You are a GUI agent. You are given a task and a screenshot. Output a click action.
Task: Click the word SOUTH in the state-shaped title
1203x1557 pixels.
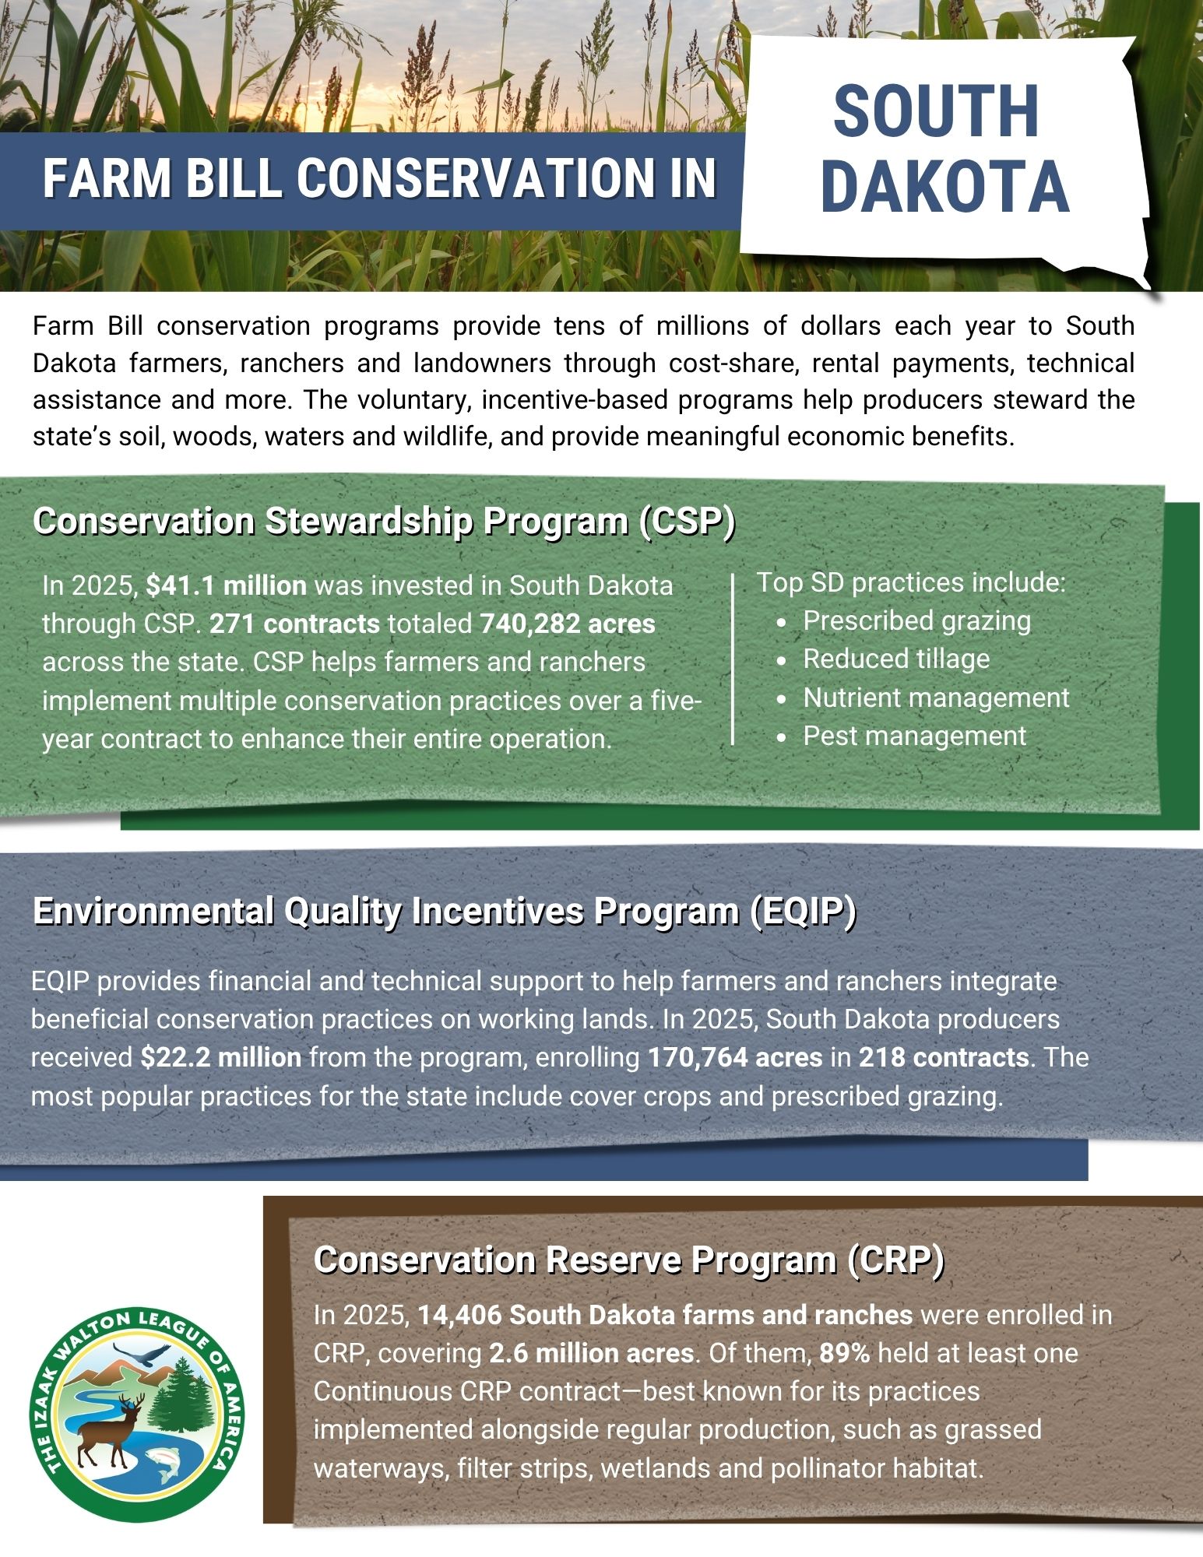pos(936,112)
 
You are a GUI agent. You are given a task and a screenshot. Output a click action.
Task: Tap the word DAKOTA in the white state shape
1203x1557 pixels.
pos(944,188)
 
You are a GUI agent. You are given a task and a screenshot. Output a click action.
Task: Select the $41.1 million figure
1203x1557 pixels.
pos(227,585)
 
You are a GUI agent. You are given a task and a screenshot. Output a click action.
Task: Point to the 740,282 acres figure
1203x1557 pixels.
pos(568,624)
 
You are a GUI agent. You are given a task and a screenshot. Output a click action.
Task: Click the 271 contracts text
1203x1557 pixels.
pos(294,624)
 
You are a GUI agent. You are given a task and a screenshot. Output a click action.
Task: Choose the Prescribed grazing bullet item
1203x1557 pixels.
pos(916,620)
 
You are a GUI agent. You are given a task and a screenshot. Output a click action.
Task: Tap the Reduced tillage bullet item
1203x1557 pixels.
pos(896,659)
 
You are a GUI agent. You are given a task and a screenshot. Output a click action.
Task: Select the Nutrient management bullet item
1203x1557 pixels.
pos(936,698)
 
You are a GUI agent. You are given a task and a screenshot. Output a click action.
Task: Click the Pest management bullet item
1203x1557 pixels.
pos(914,736)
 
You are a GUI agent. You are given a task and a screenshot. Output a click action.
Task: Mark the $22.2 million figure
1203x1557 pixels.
pos(221,1057)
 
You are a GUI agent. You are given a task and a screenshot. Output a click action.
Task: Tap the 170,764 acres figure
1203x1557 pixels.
pos(735,1057)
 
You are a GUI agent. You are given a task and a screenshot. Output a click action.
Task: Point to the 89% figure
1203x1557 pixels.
pos(844,1353)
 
